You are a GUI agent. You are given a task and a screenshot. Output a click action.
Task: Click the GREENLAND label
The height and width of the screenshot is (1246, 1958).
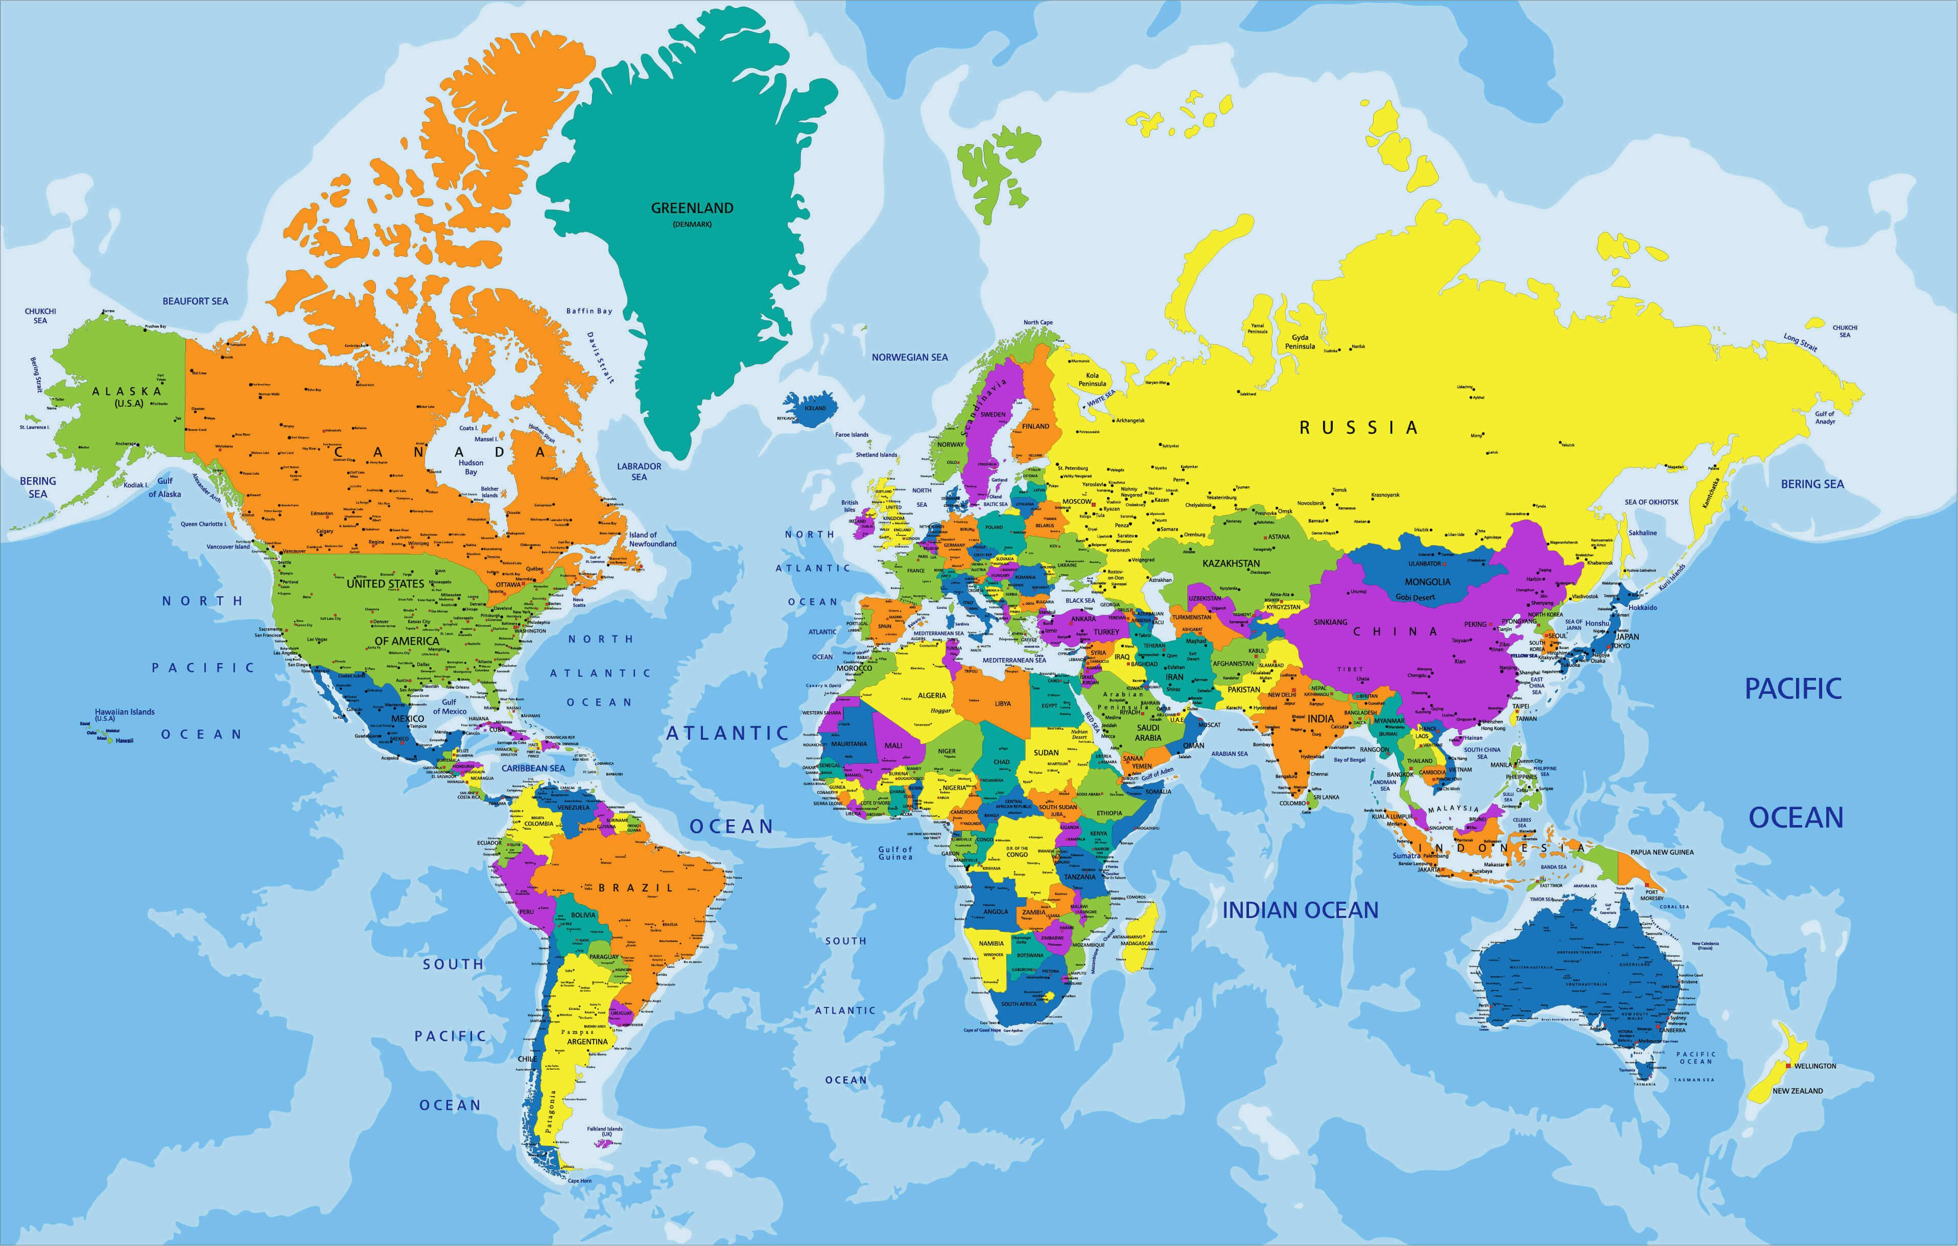(692, 208)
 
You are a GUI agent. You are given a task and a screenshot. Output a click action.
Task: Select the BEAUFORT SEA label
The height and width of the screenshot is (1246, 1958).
(195, 301)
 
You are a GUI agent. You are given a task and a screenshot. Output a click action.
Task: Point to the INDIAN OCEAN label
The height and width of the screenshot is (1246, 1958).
(1300, 910)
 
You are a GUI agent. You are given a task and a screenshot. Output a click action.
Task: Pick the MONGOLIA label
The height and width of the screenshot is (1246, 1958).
(1427, 582)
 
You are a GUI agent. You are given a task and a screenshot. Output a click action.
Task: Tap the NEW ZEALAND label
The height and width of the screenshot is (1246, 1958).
(1797, 1091)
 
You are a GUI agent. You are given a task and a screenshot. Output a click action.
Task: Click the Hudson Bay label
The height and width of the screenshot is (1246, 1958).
(471, 467)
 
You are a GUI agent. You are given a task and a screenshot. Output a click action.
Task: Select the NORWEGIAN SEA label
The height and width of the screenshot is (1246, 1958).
(909, 357)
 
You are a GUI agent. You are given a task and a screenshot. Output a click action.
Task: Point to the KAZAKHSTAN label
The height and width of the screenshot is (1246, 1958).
(1231, 563)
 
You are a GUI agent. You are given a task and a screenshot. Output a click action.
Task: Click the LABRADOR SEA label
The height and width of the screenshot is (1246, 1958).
(639, 472)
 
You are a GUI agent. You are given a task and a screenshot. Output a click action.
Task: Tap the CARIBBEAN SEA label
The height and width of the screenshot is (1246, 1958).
(533, 768)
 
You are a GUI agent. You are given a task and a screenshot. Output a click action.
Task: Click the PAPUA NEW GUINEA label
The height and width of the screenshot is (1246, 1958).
(1662, 852)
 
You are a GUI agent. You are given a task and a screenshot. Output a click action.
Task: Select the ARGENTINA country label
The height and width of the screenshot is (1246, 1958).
(587, 1042)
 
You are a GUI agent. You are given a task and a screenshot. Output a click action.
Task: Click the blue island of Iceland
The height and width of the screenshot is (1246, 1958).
(812, 409)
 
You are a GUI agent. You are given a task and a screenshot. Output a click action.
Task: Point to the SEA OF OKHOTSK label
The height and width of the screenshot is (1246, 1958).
(1652, 502)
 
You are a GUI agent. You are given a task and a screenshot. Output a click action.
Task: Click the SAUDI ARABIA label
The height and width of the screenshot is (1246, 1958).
(1148, 733)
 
